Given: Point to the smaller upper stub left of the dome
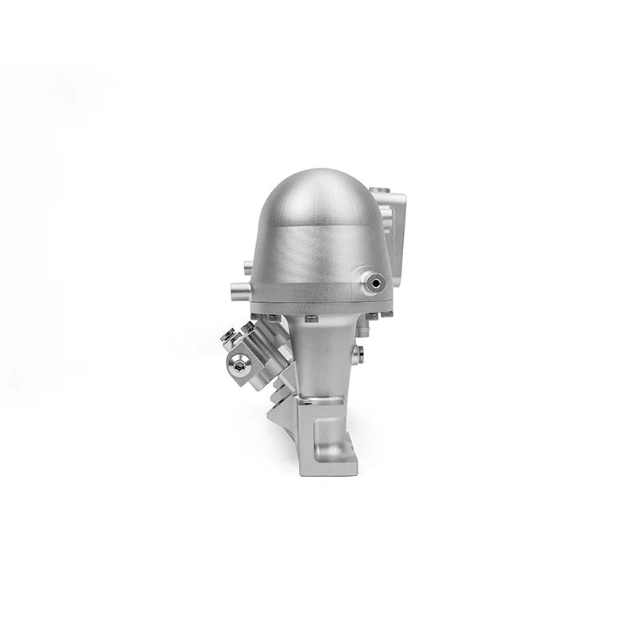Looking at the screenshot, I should (x=247, y=267).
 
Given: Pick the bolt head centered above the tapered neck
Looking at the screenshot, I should (x=311, y=319).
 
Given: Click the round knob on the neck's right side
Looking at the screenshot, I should (x=360, y=351).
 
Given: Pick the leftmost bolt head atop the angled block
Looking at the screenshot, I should (x=227, y=336).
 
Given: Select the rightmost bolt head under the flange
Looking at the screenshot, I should (x=388, y=315).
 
